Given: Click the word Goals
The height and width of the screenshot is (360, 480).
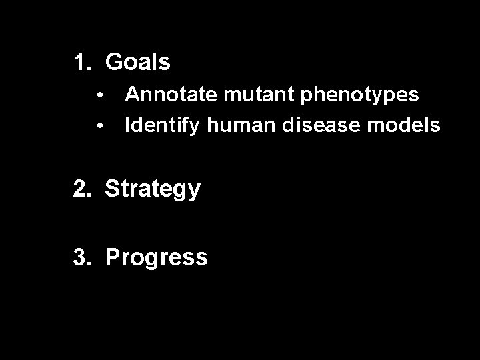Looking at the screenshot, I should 138,63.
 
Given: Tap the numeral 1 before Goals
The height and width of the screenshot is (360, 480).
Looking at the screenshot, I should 80,63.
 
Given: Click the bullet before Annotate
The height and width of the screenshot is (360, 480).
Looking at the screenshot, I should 99,95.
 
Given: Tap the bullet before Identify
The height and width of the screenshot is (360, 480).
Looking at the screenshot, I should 99,125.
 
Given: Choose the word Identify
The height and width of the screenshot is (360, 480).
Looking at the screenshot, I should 162,125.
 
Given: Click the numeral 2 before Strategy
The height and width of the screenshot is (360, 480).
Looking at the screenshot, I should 81,189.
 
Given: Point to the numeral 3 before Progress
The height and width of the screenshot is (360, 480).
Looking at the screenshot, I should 81,257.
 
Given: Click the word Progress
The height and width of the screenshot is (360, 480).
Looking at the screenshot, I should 157,258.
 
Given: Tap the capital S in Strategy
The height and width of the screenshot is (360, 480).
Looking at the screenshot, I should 112,189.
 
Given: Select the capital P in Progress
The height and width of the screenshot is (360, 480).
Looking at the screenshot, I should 112,257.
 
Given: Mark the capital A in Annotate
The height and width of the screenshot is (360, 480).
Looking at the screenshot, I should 132,94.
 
